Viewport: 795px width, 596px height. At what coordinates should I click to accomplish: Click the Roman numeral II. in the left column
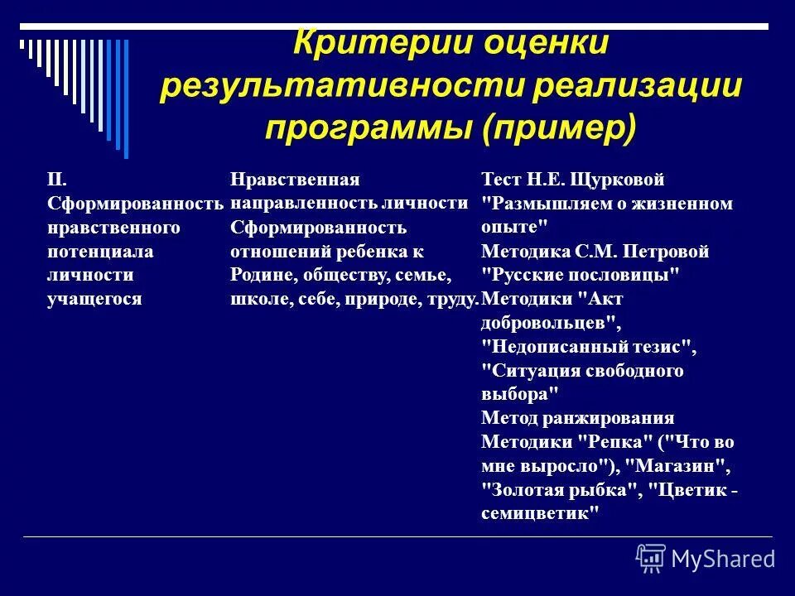pos(55,180)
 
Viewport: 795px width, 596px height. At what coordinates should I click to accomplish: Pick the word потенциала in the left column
pos(88,251)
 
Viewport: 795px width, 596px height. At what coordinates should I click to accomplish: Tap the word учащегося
pos(94,299)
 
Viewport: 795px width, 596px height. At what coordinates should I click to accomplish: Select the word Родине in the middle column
pos(258,275)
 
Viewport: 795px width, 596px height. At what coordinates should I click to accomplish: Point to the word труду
pos(455,299)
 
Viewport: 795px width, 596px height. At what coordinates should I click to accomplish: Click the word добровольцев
pos(547,323)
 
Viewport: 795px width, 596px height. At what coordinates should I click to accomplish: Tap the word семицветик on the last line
pos(538,513)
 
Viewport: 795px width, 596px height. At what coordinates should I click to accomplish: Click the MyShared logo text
pos(723,559)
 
